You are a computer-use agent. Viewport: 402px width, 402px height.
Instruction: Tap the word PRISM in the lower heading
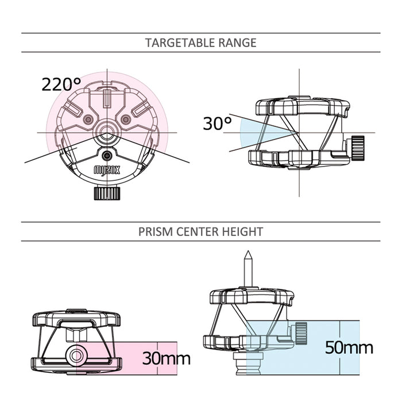156,232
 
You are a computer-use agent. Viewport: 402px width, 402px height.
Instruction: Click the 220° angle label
61,84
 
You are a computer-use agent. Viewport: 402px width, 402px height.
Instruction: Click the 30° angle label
218,123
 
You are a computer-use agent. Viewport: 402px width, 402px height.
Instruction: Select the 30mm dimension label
166,358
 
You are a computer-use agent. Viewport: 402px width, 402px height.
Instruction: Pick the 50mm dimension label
349,347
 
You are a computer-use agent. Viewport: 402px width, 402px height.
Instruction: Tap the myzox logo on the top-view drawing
107,170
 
